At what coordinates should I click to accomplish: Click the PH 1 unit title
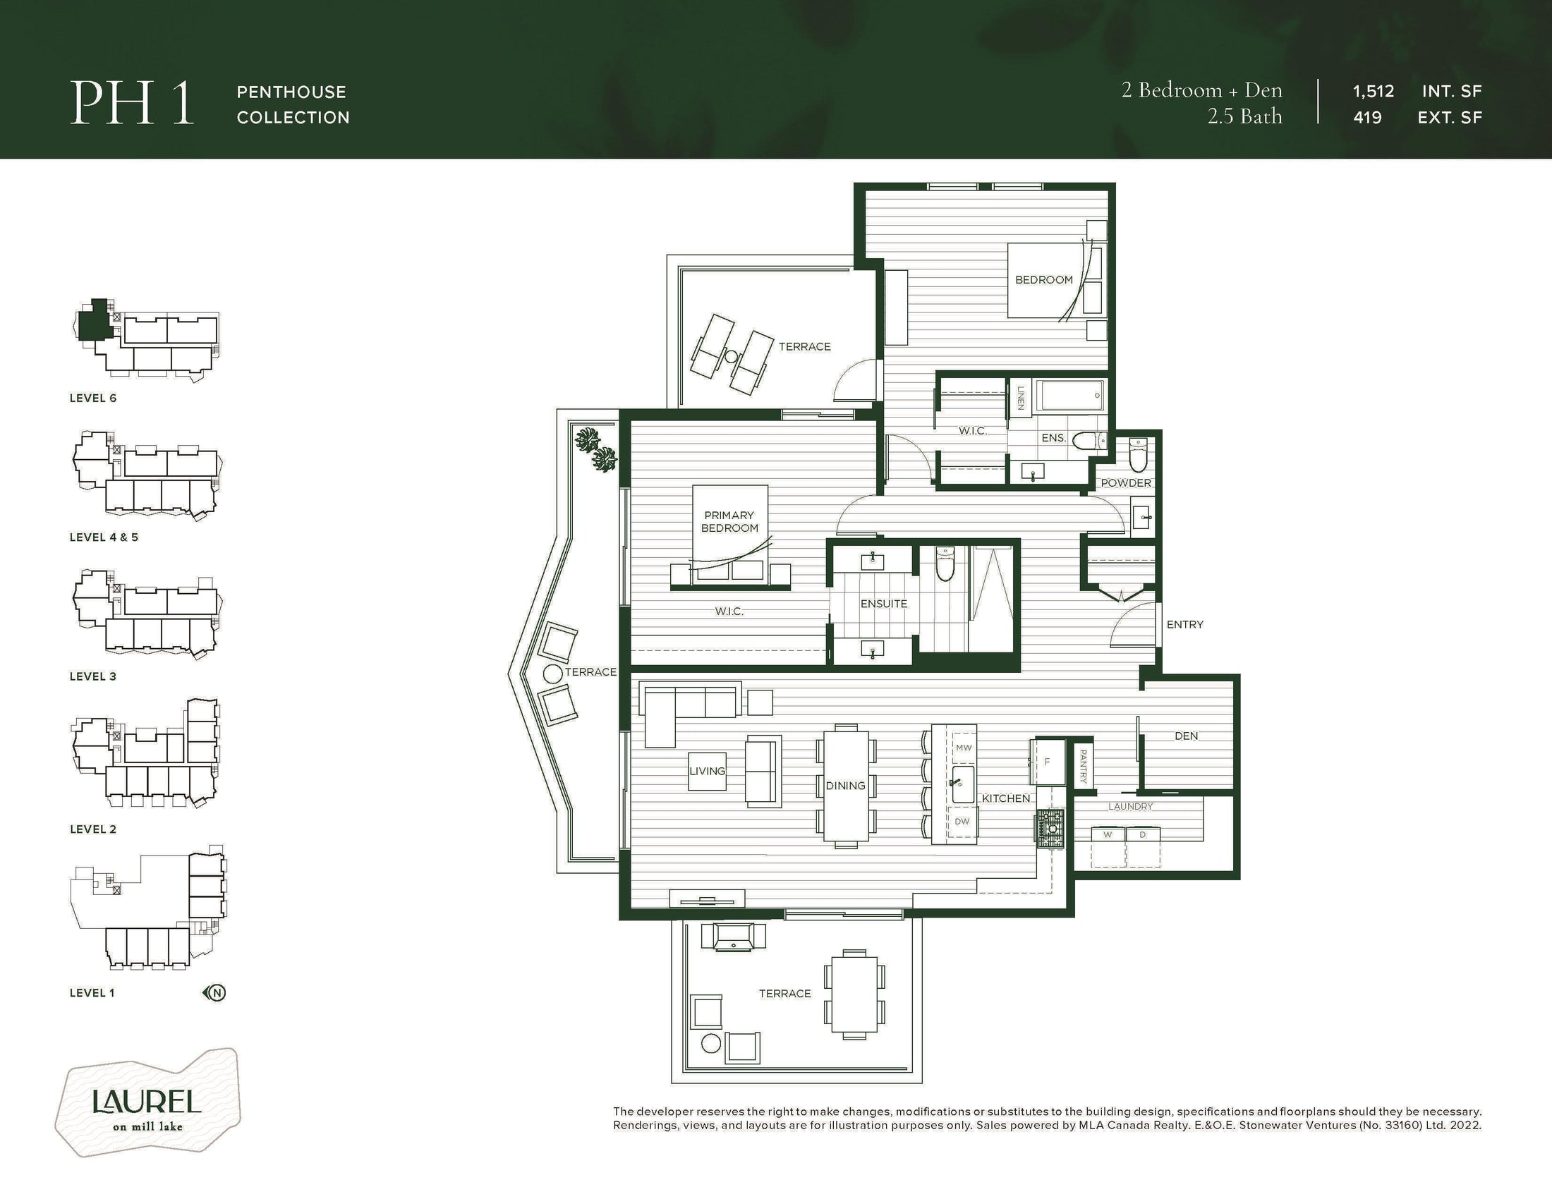(132, 104)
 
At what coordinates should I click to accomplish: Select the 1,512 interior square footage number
(1373, 91)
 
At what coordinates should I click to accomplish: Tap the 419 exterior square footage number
(1367, 117)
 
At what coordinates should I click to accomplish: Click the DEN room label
(1186, 736)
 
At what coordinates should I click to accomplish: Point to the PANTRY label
(1083, 766)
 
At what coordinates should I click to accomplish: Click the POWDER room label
(1126, 483)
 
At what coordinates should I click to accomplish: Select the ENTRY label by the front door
(1184, 624)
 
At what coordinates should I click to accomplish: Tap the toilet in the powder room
(1139, 456)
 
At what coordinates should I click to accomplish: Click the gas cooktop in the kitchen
(1050, 829)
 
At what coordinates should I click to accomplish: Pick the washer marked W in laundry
(1107, 846)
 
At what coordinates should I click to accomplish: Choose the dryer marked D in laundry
(1143, 846)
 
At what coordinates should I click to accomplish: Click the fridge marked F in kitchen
(1047, 762)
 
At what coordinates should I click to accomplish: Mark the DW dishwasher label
(962, 821)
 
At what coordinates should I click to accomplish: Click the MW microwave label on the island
(963, 747)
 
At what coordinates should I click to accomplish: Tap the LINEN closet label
(1021, 398)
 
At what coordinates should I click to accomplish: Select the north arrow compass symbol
(215, 992)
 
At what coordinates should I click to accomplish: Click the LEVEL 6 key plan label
(92, 398)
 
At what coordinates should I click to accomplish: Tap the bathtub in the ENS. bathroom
(1070, 396)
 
